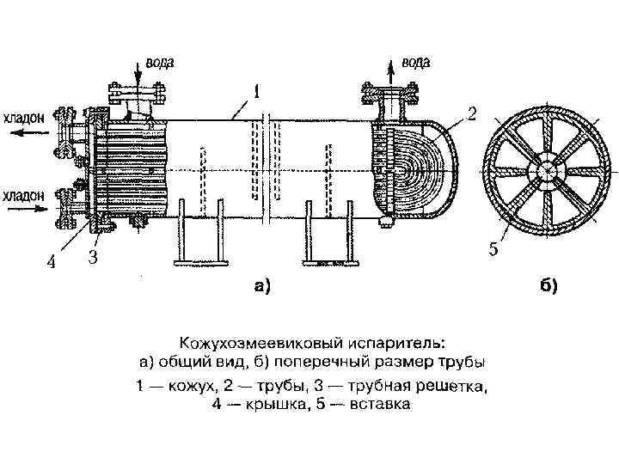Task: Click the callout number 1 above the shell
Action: pyautogui.click(x=257, y=89)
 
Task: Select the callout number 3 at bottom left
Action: pyautogui.click(x=93, y=257)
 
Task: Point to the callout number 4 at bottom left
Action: pyautogui.click(x=51, y=262)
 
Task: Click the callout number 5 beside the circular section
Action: pyautogui.click(x=493, y=249)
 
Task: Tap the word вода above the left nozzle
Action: pyautogui.click(x=162, y=62)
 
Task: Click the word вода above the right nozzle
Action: pyautogui.click(x=415, y=63)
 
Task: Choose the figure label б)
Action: pyautogui.click(x=549, y=288)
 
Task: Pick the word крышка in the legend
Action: pyautogui.click(x=275, y=404)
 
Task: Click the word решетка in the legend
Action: pyautogui.click(x=456, y=387)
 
